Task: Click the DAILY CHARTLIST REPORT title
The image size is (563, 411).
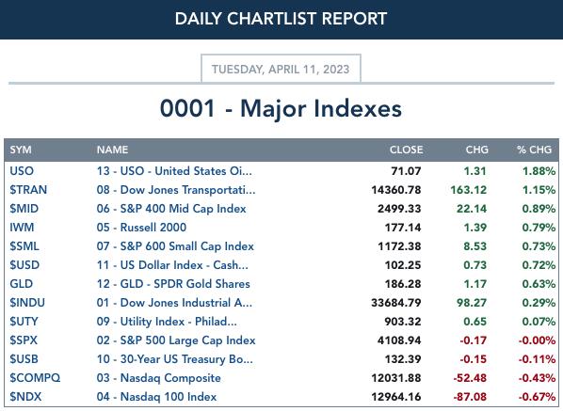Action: (x=281, y=19)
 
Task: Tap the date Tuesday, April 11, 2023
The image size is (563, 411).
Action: (x=281, y=69)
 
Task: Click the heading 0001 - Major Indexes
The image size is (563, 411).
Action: (x=281, y=108)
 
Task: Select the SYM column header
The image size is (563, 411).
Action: (x=21, y=150)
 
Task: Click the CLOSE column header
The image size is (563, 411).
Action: (x=406, y=150)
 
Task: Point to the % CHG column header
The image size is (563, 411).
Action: (x=534, y=150)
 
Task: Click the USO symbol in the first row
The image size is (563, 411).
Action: (x=22, y=171)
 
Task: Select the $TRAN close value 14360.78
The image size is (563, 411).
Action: (x=396, y=190)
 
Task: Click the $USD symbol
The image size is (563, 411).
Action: (x=24, y=265)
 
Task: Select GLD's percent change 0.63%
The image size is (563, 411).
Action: (x=539, y=284)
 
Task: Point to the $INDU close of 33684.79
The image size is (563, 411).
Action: (x=396, y=303)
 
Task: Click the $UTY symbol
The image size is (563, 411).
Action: (x=24, y=322)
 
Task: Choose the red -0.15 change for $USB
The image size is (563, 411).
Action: (x=474, y=359)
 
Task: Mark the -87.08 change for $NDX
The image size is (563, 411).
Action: (x=470, y=397)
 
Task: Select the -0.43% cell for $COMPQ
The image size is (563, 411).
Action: (x=538, y=378)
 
